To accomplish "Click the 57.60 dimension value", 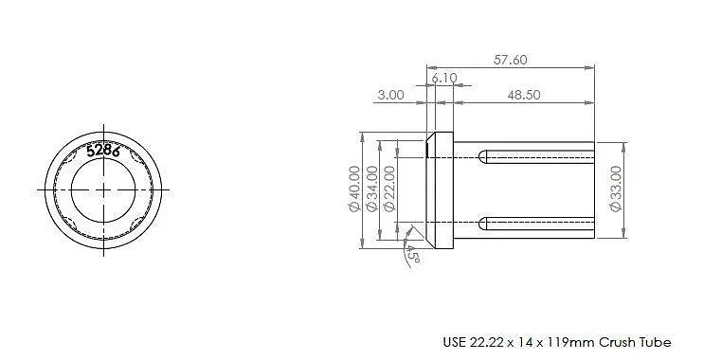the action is [x=511, y=60].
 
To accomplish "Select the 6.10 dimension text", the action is [x=444, y=78].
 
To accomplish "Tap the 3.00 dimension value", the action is [x=390, y=95].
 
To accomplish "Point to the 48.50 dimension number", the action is [x=524, y=95].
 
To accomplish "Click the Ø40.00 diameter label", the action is [x=354, y=189].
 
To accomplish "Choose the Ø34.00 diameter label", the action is [x=371, y=189].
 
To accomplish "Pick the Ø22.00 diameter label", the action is [x=389, y=189].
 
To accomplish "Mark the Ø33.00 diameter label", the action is [x=617, y=189].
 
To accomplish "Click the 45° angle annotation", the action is [x=412, y=255].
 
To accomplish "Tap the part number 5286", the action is [x=103, y=151].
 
